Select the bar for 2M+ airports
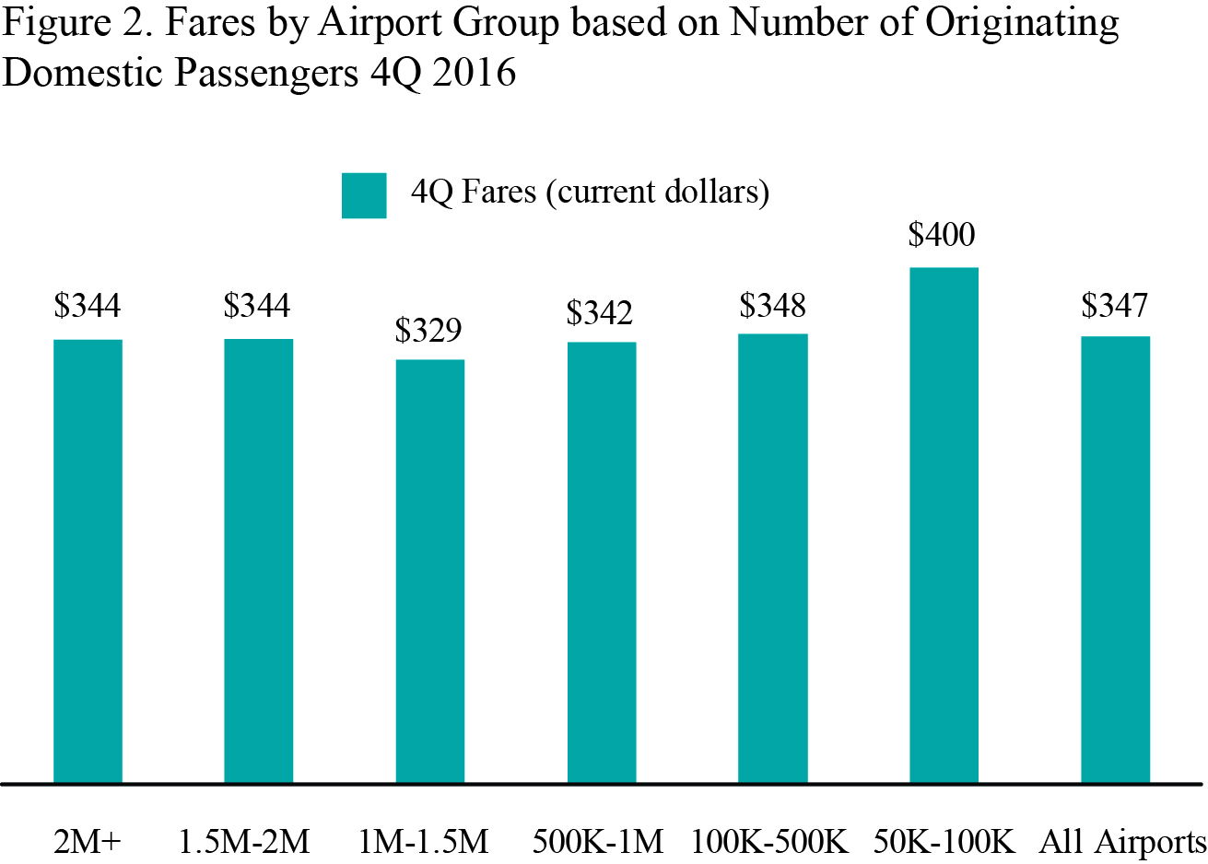click(88, 561)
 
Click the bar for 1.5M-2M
click(259, 561)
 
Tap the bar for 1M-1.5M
click(430, 571)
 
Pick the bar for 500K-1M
click(602, 562)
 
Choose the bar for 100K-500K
click(773, 558)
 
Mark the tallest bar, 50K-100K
click(944, 525)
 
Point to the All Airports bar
click(1115, 559)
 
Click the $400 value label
click(942, 235)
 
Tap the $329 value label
click(428, 330)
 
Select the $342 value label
click(600, 313)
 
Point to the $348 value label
click(772, 305)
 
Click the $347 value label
click(1115, 305)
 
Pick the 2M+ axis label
click(88, 841)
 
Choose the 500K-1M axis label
click(598, 841)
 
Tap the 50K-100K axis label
click(944, 841)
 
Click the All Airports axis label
click(1122, 841)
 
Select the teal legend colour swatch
click(364, 195)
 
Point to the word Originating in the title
click(1022, 24)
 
